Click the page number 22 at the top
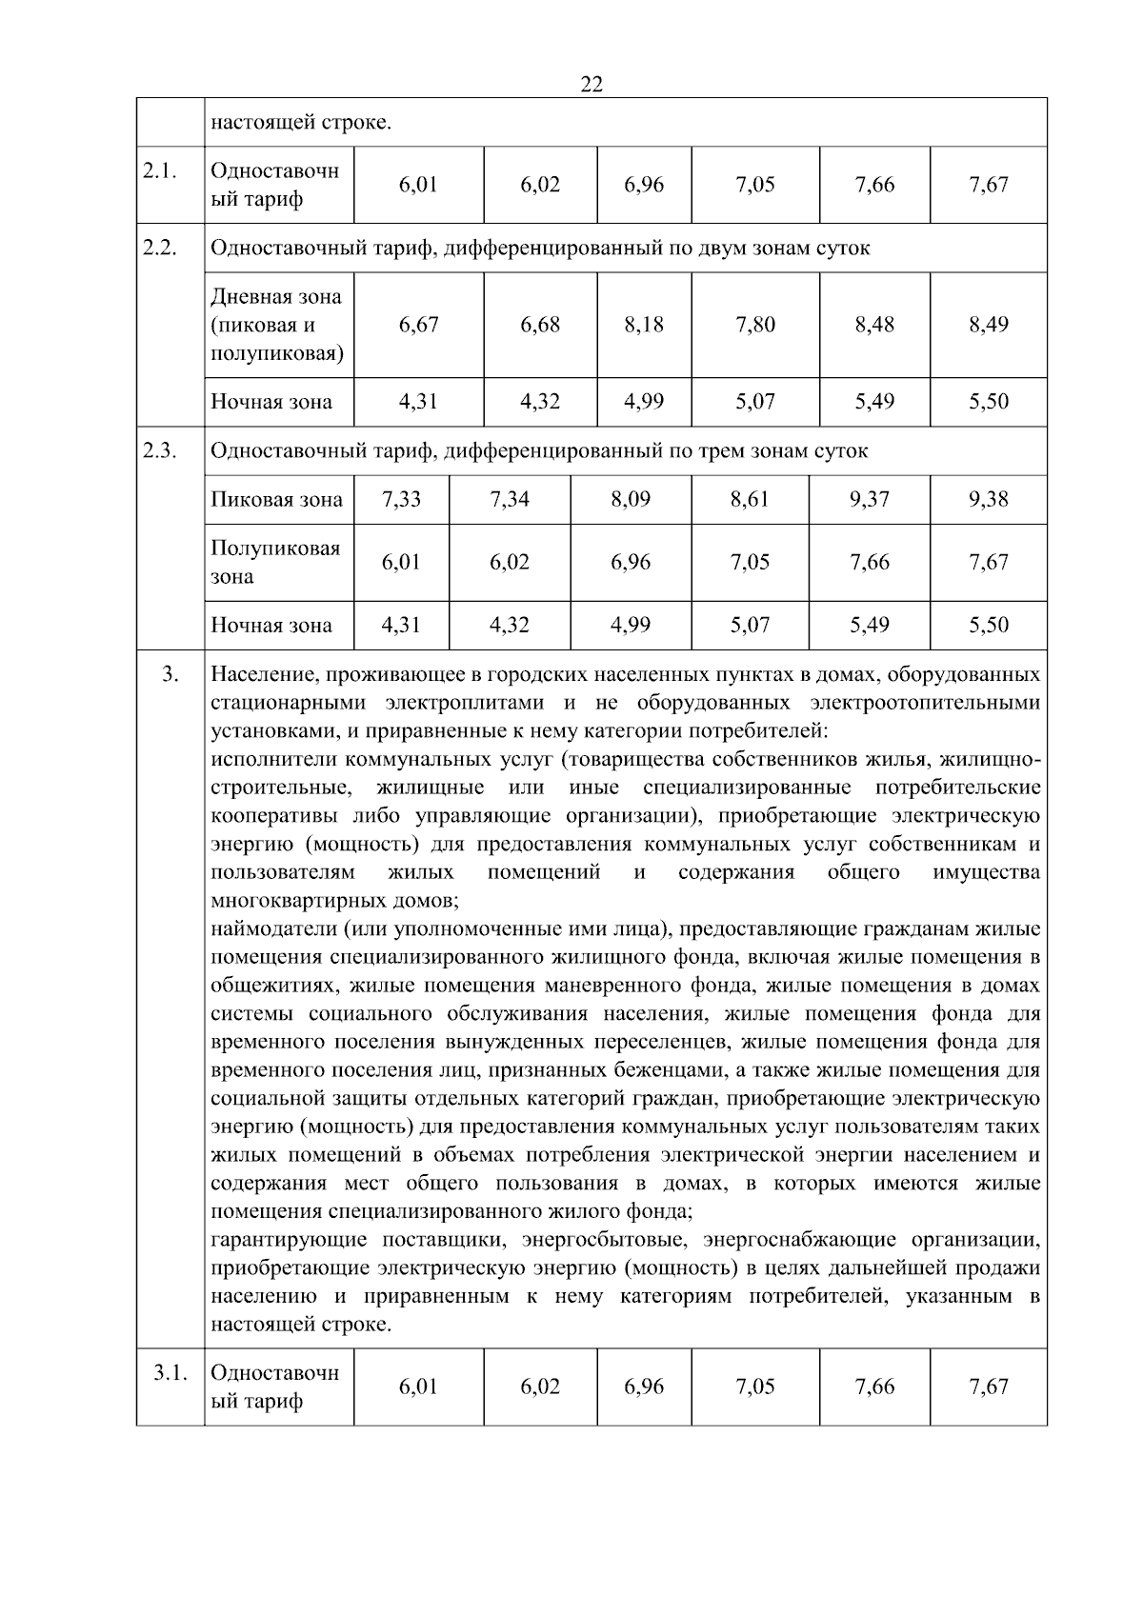click(591, 85)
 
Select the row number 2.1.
click(160, 171)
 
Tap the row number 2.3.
click(160, 450)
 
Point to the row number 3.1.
click(170, 1373)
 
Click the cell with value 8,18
click(644, 325)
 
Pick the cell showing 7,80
click(754, 325)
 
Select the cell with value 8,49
click(988, 325)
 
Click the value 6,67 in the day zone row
click(418, 325)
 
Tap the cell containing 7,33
click(401, 499)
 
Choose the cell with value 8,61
click(750, 499)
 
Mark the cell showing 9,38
click(988, 499)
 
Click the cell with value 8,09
click(631, 499)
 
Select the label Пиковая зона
click(276, 499)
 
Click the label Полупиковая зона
click(274, 562)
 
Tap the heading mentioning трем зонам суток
click(539, 450)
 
